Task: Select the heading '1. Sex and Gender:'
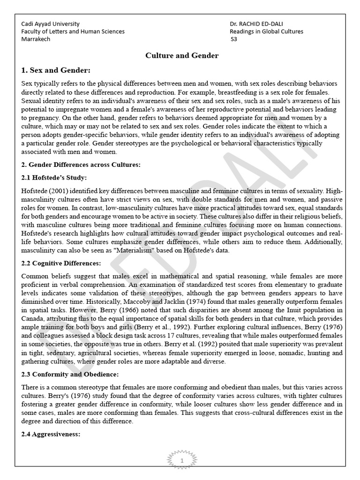[x=55, y=70]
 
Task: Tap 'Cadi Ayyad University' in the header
[x=51, y=24]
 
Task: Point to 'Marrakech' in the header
[x=36, y=39]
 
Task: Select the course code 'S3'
[x=234, y=39]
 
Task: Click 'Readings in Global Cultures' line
[x=266, y=31]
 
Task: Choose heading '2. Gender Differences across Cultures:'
[x=81, y=165]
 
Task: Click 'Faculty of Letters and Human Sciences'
[x=73, y=31]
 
